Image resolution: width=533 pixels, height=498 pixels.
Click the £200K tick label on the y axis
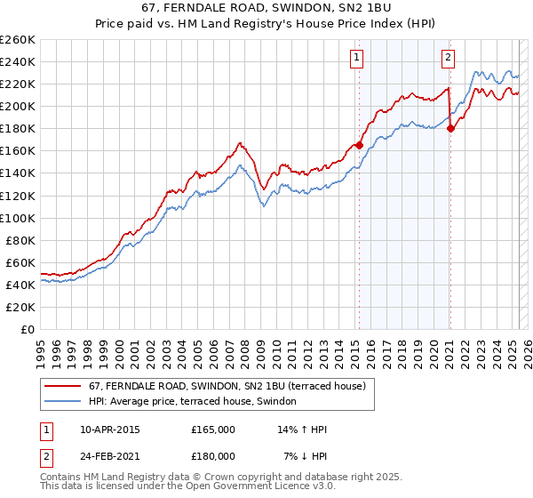point(18,106)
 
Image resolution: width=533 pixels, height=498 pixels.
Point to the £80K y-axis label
point(20,240)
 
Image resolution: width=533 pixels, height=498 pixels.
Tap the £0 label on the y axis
point(28,329)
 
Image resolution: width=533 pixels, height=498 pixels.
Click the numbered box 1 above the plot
point(356,58)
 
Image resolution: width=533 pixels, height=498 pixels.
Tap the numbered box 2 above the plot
point(448,58)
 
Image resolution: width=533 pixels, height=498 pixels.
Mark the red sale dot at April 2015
point(359,145)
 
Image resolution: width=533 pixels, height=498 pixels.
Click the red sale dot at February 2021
point(451,128)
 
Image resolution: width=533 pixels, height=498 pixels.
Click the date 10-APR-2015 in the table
point(109,430)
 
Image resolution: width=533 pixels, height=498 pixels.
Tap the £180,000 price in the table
point(213,455)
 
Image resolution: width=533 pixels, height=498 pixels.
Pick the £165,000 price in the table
point(213,430)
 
